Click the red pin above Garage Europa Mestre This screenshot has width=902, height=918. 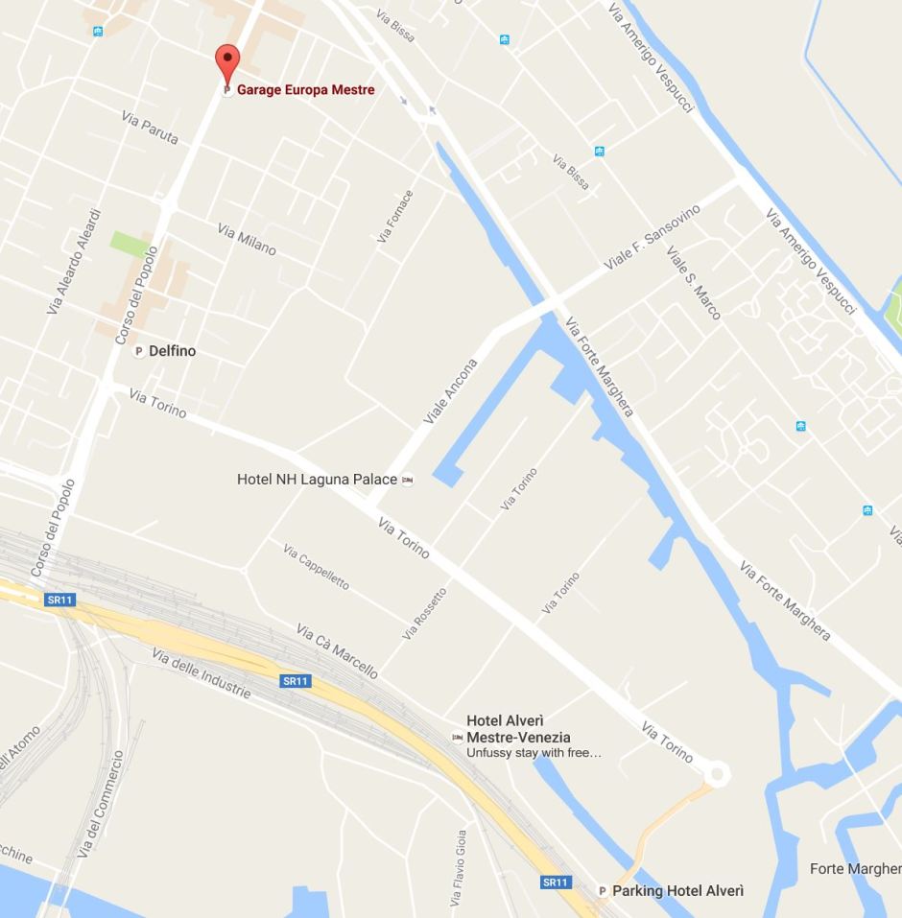coord(226,60)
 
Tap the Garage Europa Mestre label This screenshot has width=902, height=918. coord(305,90)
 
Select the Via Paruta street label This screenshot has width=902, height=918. coord(150,128)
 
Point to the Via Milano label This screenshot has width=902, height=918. coord(247,240)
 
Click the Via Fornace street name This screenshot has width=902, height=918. coord(395,216)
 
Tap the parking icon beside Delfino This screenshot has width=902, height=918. coord(138,351)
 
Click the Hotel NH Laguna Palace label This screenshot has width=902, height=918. coord(317,479)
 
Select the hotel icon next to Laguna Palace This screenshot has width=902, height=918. coord(408,480)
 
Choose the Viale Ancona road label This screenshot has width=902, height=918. coord(450,392)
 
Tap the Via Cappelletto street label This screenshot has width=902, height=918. coord(316,567)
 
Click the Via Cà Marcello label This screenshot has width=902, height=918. coord(336,651)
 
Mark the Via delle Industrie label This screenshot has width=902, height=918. coord(201,673)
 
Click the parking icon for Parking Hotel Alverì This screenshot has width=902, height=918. coord(603,891)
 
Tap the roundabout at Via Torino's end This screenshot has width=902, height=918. coord(716,773)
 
